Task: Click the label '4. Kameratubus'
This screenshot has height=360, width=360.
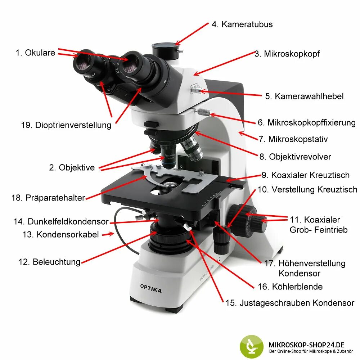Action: coord(242,24)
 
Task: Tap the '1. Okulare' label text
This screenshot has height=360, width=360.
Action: coord(35,53)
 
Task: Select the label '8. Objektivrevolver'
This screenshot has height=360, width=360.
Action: coord(295,157)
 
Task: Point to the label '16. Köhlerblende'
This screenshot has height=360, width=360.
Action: coord(290,287)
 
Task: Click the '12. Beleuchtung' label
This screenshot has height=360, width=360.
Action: coord(49,262)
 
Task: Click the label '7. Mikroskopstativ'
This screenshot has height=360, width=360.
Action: coord(293,139)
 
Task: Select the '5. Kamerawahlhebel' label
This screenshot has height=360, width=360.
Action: coord(304,96)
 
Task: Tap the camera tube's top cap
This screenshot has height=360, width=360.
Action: coord(164,46)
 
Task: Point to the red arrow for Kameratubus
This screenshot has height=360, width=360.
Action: coord(192,34)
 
